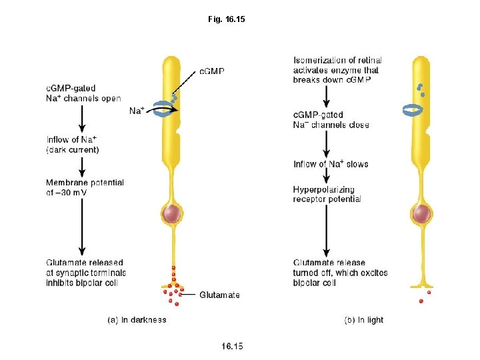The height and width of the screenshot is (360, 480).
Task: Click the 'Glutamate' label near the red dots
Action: click(219, 295)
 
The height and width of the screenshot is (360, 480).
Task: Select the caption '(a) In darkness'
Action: click(137, 320)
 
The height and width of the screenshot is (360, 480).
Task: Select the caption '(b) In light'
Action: click(363, 320)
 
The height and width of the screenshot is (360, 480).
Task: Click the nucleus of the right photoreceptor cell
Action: click(421, 214)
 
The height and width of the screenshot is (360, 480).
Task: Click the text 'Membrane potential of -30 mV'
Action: click(85, 187)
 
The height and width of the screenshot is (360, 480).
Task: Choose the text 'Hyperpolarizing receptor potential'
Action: click(327, 194)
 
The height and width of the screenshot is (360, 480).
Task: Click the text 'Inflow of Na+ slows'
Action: click(331, 164)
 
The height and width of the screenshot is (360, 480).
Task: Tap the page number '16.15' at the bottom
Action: click(232, 345)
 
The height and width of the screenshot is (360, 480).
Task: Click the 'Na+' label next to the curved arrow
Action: click(137, 111)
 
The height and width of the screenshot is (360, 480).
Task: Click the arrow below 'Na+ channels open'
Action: click(81, 119)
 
